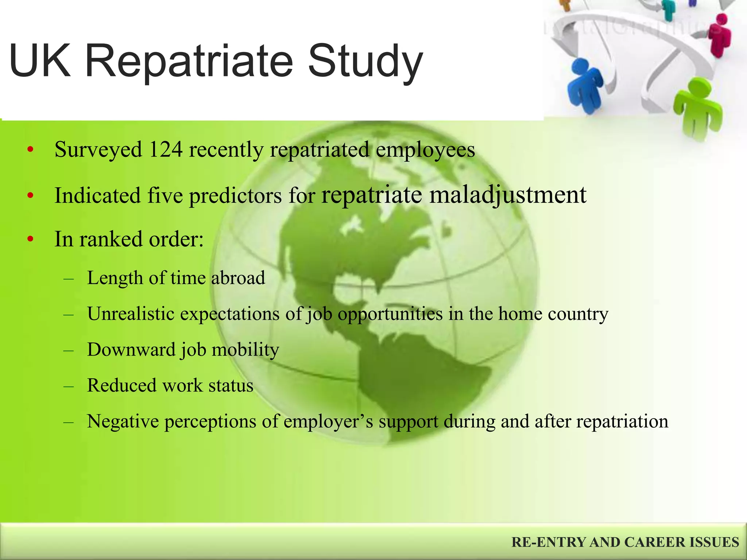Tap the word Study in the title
(x=365, y=61)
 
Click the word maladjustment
(x=508, y=195)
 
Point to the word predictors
(x=235, y=196)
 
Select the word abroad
(x=238, y=278)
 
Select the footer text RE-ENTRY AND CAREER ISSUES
(x=625, y=542)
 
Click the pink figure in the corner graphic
(x=720, y=35)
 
